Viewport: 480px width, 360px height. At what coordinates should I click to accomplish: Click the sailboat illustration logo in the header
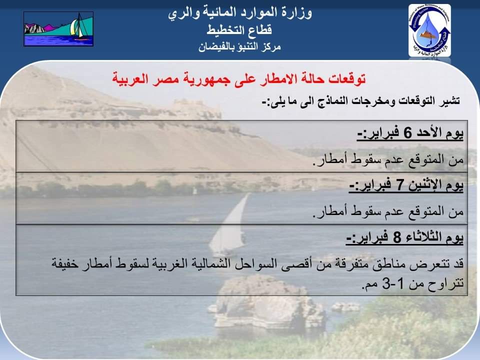(x=58, y=29)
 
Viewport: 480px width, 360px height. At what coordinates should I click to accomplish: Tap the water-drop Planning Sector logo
(x=430, y=30)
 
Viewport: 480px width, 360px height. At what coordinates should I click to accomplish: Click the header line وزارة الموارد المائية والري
(x=240, y=13)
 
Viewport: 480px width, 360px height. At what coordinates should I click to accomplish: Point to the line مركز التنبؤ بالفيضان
(x=239, y=47)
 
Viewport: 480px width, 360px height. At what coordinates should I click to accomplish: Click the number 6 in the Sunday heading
(x=407, y=133)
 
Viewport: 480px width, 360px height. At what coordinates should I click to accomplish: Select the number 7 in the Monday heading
(x=399, y=185)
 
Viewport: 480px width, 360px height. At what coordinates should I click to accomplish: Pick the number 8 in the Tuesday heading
(x=397, y=237)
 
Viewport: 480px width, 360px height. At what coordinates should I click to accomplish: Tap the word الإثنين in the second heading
(x=422, y=184)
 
